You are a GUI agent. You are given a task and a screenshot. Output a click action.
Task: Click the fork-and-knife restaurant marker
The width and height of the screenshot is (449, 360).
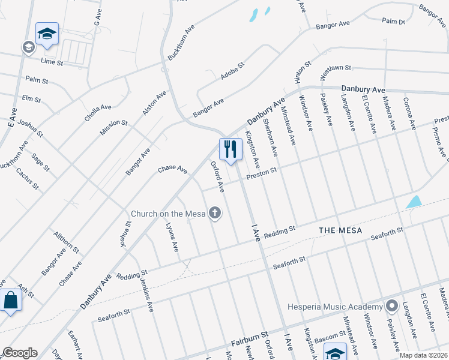(231, 149)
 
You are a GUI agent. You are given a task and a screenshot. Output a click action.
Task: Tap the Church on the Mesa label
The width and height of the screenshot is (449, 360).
(169, 214)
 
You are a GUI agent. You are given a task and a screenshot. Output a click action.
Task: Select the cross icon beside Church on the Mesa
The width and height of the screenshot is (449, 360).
(214, 213)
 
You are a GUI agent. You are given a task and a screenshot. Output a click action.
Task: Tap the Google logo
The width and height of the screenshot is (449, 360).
(20, 353)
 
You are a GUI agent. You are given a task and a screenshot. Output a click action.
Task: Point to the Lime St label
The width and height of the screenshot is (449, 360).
(52, 62)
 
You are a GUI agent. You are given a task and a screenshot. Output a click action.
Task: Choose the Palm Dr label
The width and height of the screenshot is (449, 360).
(394, 21)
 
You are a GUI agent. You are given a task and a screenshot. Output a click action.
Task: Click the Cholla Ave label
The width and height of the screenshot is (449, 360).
(98, 113)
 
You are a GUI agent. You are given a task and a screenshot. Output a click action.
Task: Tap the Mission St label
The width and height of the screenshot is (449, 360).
(114, 127)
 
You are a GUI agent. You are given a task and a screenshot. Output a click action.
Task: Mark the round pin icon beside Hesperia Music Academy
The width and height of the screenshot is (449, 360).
(392, 306)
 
